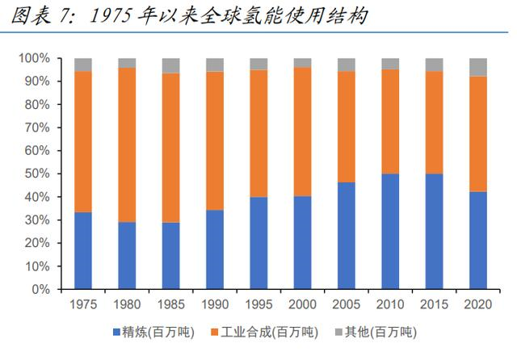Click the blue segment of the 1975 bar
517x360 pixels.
click(x=83, y=250)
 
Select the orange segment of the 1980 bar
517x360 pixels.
click(x=127, y=145)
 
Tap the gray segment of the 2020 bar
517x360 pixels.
click(x=478, y=67)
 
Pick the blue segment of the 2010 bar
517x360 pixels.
click(x=390, y=231)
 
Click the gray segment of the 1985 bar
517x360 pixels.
click(x=171, y=65)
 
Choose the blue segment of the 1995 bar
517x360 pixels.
click(x=258, y=242)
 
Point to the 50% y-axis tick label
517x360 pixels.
click(x=36, y=174)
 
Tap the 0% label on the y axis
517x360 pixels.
click(x=40, y=289)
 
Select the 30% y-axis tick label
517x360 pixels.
click(x=36, y=220)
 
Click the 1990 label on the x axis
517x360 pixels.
click(x=215, y=304)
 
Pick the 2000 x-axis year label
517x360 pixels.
click(x=303, y=304)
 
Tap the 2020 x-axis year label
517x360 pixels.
click(x=478, y=304)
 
